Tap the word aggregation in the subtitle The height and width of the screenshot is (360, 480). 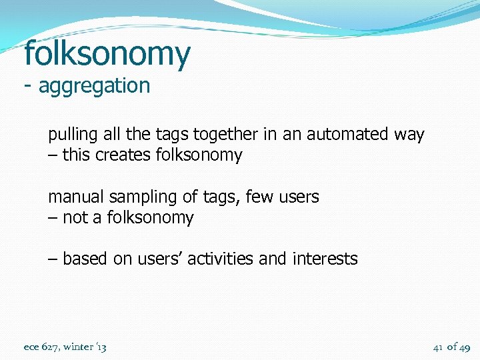pos(95,86)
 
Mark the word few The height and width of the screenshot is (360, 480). pos(259,197)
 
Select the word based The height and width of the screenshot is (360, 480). pos(85,259)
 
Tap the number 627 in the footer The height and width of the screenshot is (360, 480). pos(50,347)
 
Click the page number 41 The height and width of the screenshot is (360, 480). pos(438,347)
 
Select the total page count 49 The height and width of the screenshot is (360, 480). pos(464,347)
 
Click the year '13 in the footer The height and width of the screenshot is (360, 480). pos(101,347)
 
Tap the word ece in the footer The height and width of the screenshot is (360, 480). pos(31,347)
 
